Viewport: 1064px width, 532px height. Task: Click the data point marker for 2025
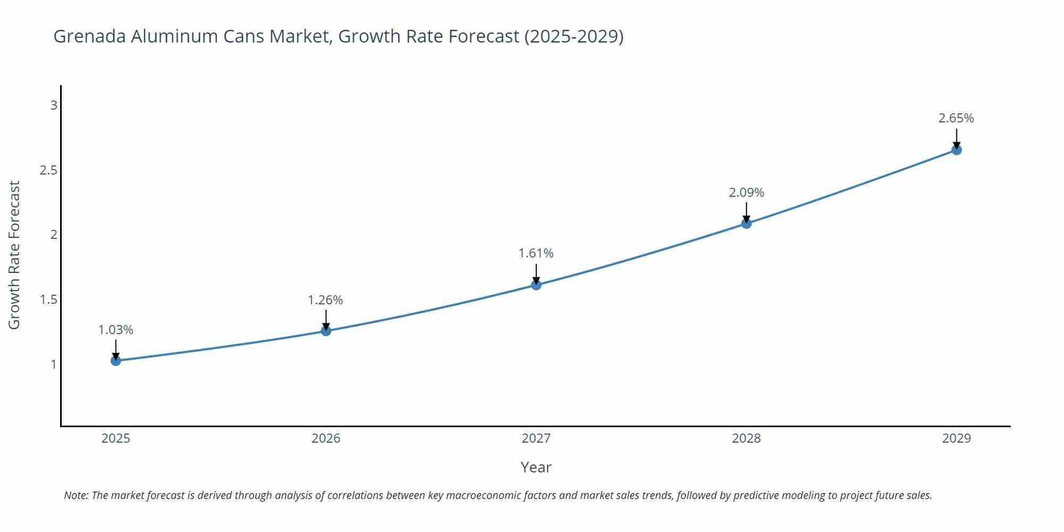(116, 361)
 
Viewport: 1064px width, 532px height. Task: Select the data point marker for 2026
(326, 331)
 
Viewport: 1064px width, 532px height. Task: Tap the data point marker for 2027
(536, 285)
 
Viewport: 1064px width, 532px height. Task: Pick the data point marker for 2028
(746, 223)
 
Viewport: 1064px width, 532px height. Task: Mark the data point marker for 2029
(957, 150)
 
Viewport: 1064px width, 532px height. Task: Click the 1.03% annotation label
(116, 330)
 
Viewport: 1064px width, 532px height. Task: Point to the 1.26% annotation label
(326, 300)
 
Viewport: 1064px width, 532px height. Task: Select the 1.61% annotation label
(536, 253)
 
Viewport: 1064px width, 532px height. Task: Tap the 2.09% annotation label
(746, 193)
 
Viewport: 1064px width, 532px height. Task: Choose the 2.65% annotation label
(956, 118)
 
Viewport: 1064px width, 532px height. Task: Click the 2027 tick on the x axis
(536, 438)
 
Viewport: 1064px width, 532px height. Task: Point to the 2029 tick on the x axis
(957, 438)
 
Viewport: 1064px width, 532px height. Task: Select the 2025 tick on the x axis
(116, 438)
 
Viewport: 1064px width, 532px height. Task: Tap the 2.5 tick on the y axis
(48, 170)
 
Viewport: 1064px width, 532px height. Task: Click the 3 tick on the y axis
(54, 105)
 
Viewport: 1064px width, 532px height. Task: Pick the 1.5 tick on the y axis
(48, 300)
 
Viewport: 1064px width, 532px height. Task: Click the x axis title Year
(536, 467)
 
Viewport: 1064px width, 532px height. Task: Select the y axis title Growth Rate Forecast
(14, 255)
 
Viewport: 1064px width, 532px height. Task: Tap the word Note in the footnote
(76, 495)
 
